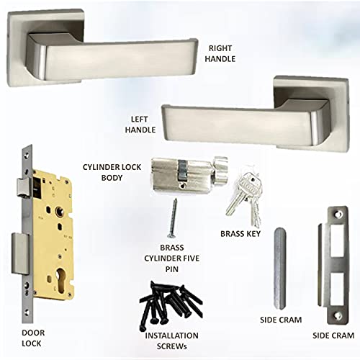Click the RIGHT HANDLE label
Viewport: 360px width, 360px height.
coord(220,53)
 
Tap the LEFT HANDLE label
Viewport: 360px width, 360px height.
coord(140,125)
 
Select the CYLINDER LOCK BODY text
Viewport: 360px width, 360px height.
coord(112,172)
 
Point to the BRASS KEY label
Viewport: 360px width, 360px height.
coord(240,234)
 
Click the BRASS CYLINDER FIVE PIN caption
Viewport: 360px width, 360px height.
coord(172,258)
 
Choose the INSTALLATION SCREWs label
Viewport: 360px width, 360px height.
coord(171,341)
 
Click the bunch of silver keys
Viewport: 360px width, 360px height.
coord(244,195)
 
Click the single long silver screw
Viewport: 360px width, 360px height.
coord(174,218)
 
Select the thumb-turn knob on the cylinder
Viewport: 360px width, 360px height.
coord(220,171)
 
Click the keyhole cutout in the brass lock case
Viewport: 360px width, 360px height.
coord(60,280)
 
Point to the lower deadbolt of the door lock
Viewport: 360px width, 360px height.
coord(20,253)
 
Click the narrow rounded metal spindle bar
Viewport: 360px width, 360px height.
coord(280,269)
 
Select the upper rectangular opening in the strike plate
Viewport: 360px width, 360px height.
coord(337,240)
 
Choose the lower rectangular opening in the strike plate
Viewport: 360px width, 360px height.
coord(337,289)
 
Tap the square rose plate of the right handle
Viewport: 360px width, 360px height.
coord(45,47)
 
